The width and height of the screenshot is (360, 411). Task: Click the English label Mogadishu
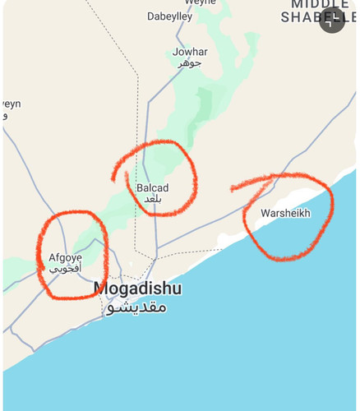[137, 289]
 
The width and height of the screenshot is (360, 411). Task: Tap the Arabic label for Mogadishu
[136, 307]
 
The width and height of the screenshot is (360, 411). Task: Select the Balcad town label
[153, 187]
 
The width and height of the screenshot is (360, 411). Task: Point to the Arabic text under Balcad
[153, 200]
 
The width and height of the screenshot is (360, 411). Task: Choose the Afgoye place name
[65, 257]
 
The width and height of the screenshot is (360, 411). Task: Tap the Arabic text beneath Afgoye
[65, 269]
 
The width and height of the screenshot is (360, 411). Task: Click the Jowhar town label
[190, 52]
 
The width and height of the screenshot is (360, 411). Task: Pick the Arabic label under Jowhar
[191, 63]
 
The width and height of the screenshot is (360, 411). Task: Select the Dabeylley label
[169, 16]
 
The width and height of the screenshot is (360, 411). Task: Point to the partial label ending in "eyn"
[11, 104]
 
